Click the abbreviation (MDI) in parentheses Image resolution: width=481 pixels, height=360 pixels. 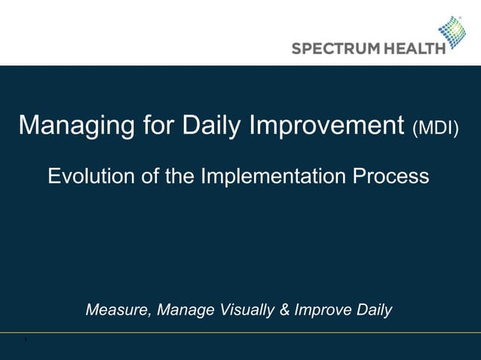click(x=436, y=127)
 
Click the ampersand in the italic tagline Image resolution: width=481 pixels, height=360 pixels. click(x=284, y=310)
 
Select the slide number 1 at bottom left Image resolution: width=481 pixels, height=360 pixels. click(x=25, y=340)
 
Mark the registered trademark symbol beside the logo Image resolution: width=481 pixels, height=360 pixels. click(x=461, y=18)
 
